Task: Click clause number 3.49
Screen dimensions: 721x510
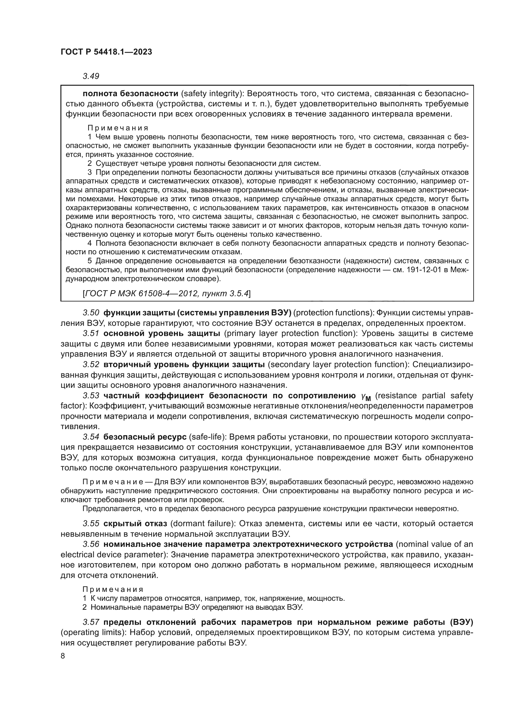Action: click(x=91, y=76)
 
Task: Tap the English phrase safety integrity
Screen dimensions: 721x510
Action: click(x=211, y=94)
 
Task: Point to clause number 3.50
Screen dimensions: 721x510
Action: click(x=91, y=313)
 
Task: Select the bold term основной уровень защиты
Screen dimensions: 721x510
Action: click(x=161, y=334)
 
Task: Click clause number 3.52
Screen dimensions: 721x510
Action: click(x=91, y=365)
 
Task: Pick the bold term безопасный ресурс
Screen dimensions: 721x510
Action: click(x=144, y=437)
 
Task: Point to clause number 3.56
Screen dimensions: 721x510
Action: click(x=91, y=544)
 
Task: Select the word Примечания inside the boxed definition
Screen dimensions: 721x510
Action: click(x=118, y=128)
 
